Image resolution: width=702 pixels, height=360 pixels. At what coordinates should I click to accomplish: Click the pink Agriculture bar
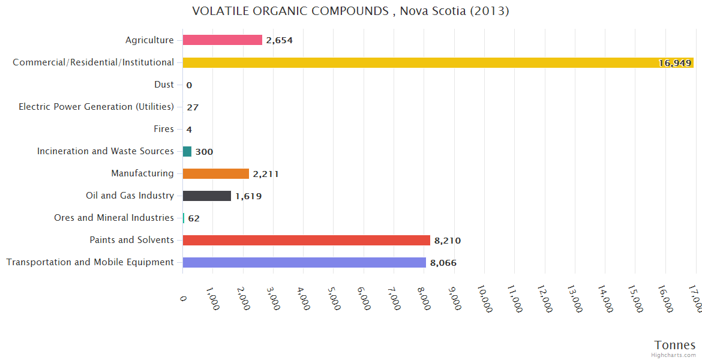click(x=223, y=40)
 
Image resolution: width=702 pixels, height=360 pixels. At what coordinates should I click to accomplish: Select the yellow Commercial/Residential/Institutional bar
click(x=438, y=62)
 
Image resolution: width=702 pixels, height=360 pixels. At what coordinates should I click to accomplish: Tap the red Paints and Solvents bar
click(x=307, y=240)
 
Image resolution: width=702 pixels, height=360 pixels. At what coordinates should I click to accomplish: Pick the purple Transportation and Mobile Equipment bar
click(x=304, y=262)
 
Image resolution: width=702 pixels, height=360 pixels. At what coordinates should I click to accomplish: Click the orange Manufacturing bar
click(x=216, y=173)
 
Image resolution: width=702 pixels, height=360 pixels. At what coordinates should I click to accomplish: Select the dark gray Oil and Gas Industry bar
click(x=207, y=196)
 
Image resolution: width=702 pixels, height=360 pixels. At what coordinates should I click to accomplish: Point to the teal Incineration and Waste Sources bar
click(x=187, y=151)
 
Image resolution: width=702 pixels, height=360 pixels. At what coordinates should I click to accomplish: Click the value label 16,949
click(x=675, y=63)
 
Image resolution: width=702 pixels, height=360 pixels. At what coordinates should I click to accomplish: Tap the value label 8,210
click(x=448, y=241)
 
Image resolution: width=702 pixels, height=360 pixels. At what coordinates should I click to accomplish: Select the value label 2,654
click(x=279, y=41)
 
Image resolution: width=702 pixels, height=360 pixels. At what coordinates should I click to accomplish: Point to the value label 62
click(x=194, y=218)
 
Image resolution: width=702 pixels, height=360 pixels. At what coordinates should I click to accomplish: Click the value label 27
click(x=193, y=107)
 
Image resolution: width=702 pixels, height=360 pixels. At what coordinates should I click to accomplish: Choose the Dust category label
click(x=164, y=85)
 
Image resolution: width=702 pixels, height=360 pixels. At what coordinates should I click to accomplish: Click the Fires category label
click(x=164, y=129)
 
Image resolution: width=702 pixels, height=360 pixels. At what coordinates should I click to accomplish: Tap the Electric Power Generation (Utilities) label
click(x=96, y=107)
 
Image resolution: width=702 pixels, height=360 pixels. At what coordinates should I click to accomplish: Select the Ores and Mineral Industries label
click(x=114, y=218)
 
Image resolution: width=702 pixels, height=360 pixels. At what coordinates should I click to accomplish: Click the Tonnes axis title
click(x=674, y=345)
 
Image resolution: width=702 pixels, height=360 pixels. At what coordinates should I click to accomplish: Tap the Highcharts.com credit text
click(x=676, y=355)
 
